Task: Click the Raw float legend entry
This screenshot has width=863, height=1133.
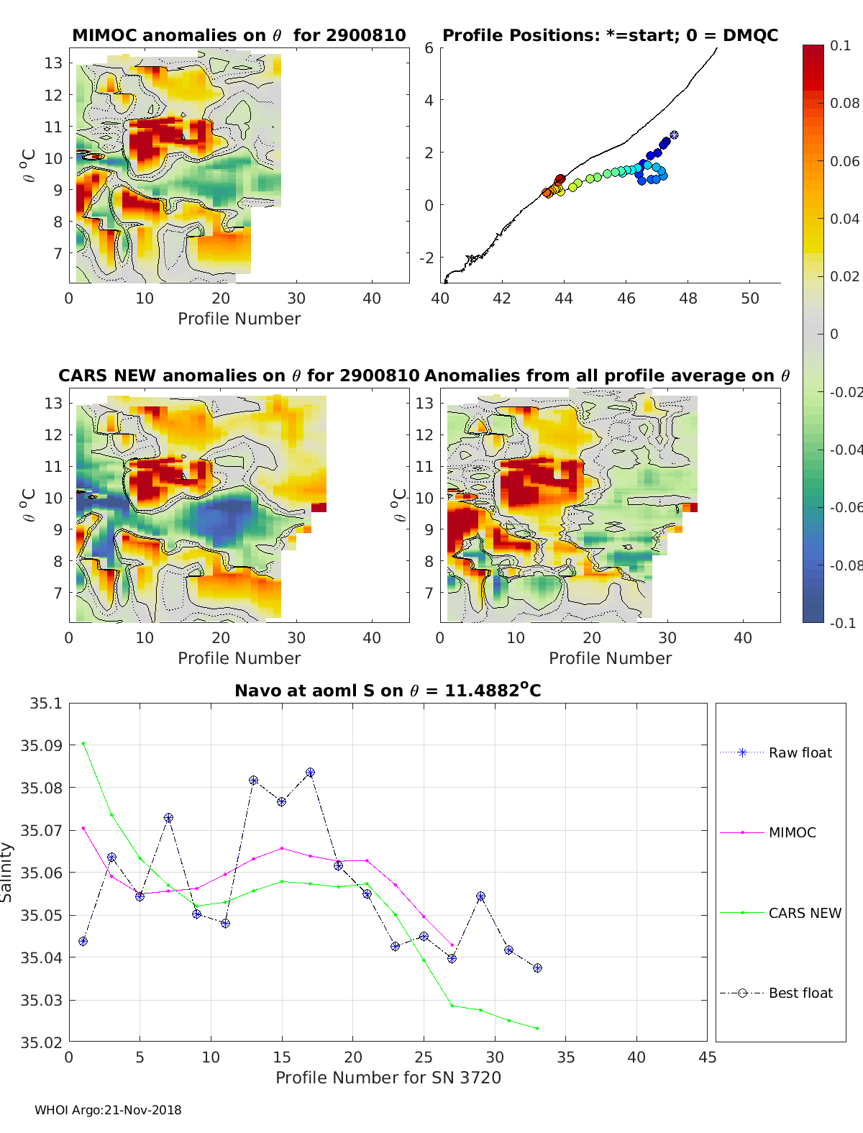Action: [776, 752]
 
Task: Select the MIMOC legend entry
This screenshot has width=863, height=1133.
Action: [768, 832]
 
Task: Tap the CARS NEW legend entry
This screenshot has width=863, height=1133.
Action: [780, 913]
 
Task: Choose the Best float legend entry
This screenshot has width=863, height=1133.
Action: [776, 993]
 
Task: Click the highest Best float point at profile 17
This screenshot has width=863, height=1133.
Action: [310, 773]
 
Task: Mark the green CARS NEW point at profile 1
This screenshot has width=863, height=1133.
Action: [83, 744]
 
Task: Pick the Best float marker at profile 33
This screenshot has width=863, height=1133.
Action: [537, 968]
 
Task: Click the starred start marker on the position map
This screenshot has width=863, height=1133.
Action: [674, 135]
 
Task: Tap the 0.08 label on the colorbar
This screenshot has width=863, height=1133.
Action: [844, 104]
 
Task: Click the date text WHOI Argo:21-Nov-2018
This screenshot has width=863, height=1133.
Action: [108, 1110]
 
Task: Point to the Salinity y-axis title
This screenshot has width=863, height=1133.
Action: [6, 873]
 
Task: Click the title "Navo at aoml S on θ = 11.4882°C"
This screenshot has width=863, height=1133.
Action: [388, 690]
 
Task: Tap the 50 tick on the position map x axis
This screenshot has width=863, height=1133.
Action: [750, 299]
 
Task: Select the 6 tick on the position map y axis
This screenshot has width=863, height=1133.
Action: [429, 48]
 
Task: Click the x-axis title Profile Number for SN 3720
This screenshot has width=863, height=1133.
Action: [388, 1078]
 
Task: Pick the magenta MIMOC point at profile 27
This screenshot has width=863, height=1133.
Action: [452, 945]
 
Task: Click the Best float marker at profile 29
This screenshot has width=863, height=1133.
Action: [480, 896]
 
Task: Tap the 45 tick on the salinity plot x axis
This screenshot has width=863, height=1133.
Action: [707, 1057]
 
